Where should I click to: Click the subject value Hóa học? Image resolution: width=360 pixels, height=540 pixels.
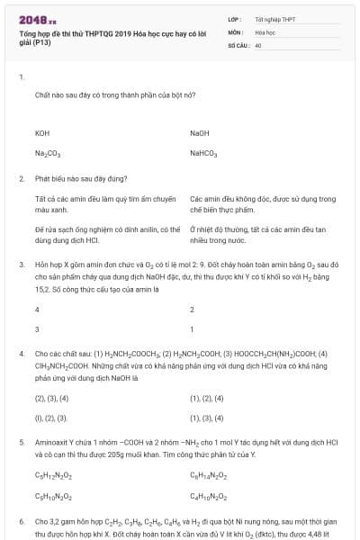[265, 31]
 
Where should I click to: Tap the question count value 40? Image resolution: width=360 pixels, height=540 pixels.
[258, 44]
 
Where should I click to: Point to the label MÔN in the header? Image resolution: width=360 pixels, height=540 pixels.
[237, 31]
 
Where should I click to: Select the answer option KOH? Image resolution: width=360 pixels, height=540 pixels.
[42, 132]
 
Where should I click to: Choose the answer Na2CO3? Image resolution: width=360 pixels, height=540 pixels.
[48, 153]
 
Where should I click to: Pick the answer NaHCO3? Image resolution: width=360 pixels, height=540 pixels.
[203, 153]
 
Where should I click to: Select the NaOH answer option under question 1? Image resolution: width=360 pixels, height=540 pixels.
[200, 132]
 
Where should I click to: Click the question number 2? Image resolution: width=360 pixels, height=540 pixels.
[21, 178]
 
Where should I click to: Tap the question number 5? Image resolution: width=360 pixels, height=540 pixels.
[21, 443]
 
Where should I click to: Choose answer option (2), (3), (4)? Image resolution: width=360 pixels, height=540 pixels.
[50, 397]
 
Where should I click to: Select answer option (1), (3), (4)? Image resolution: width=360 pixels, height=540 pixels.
[206, 418]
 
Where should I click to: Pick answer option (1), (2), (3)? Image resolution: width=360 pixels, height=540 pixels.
[50, 418]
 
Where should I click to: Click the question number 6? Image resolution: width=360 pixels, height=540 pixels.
[21, 521]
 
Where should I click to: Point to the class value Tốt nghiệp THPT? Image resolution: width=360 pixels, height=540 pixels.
[274, 19]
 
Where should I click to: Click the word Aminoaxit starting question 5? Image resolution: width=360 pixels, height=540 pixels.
[51, 443]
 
